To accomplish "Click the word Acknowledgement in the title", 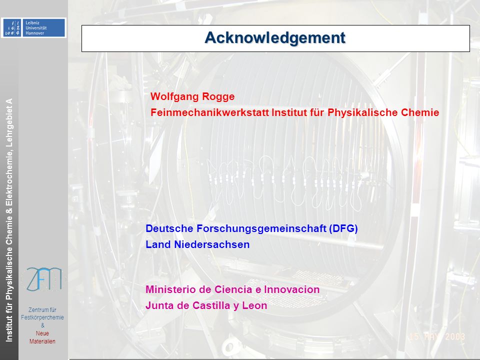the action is pyautogui.click(x=275, y=38).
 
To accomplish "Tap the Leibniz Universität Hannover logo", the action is pyautogui.click(x=33, y=27).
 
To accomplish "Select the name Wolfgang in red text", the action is pyautogui.click(x=174, y=96).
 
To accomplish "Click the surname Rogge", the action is pyautogui.click(x=218, y=97).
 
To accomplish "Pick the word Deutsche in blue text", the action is pyautogui.click(x=169, y=228).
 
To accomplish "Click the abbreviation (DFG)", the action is pyautogui.click(x=343, y=228).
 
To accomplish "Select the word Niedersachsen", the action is pyautogui.click(x=212, y=244).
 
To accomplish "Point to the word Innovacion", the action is pyautogui.click(x=291, y=289).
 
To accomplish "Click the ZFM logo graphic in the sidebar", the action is pyautogui.click(x=44, y=279).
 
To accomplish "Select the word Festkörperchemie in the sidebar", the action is pyautogui.click(x=42, y=317).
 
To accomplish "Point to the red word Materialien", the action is pyautogui.click(x=42, y=341).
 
